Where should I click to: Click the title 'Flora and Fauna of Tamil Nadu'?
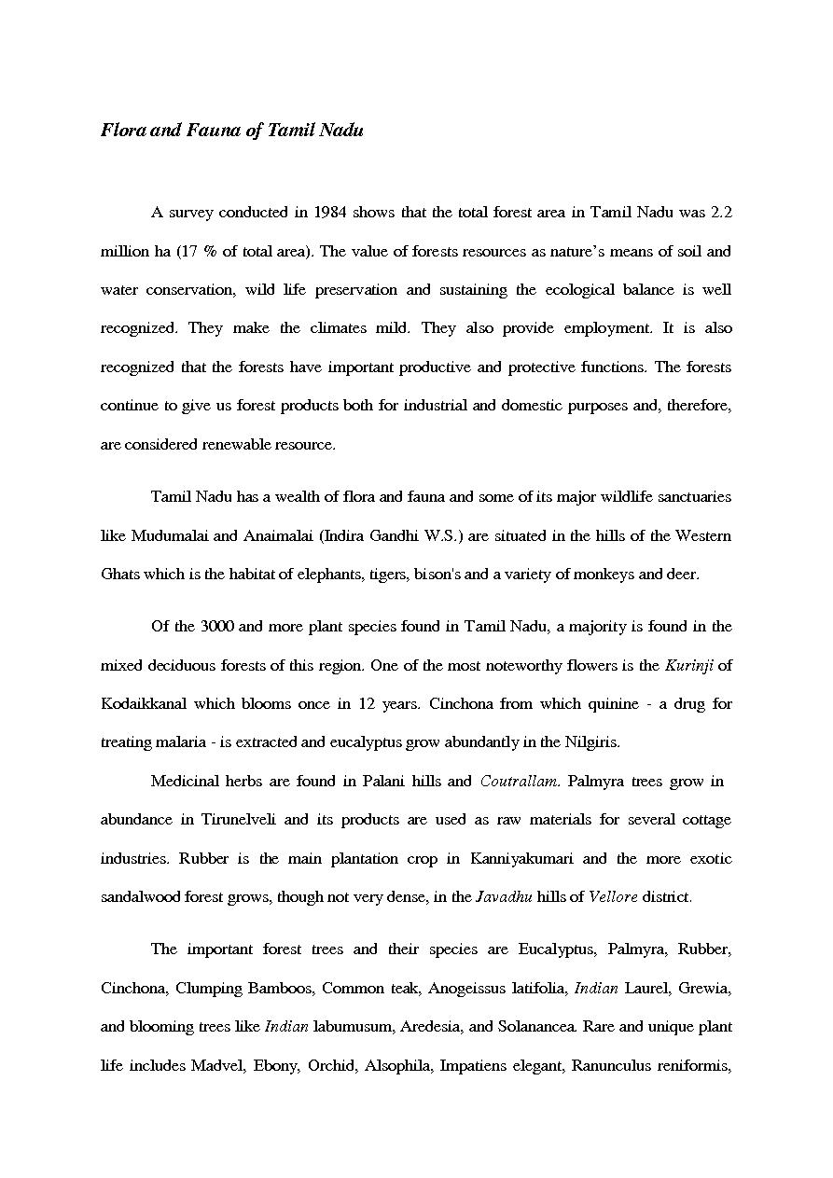(x=231, y=131)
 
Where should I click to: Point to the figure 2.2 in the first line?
(x=721, y=213)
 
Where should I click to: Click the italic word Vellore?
(x=614, y=897)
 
